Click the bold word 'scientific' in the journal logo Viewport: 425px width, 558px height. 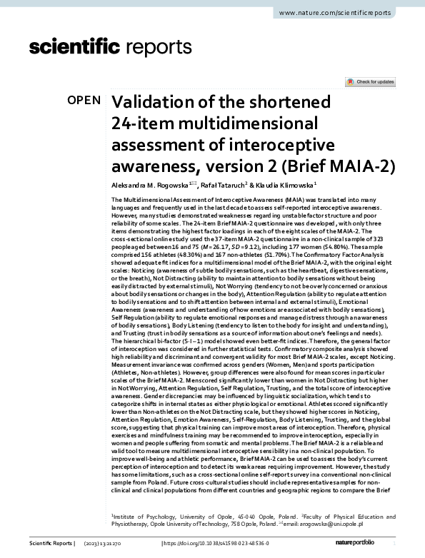tap(74, 48)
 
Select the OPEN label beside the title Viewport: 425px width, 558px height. tap(84, 101)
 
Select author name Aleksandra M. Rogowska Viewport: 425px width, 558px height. tap(150, 186)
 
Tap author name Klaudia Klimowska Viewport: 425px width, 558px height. tap(284, 186)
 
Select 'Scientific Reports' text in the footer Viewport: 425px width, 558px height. tap(51, 544)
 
